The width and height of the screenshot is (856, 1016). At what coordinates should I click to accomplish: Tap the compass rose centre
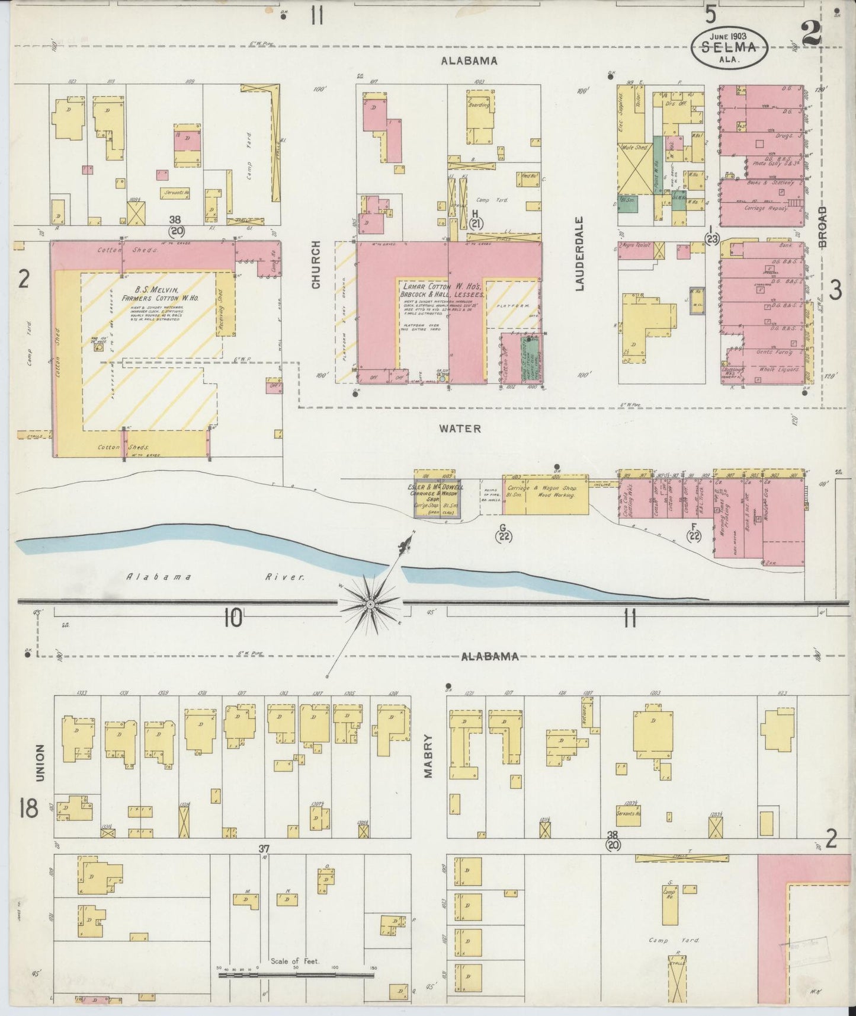[x=370, y=604]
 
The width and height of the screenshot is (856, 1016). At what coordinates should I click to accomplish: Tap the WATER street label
[x=460, y=428]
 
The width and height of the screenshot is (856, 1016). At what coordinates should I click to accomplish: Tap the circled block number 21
[x=477, y=223]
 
